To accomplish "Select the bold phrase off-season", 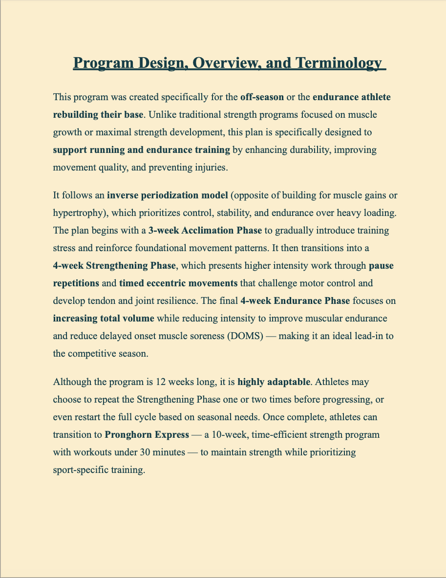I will [262, 97].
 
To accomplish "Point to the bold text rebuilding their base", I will [98, 115].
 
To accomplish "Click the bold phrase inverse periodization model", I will [168, 196].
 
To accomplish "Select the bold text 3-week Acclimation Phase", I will [205, 231].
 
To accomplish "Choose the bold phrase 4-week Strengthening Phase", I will [114, 266].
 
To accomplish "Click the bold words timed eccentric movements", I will [178, 283].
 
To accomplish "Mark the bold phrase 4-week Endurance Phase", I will [295, 300].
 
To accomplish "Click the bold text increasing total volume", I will [104, 318].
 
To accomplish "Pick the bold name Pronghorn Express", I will [147, 434].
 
